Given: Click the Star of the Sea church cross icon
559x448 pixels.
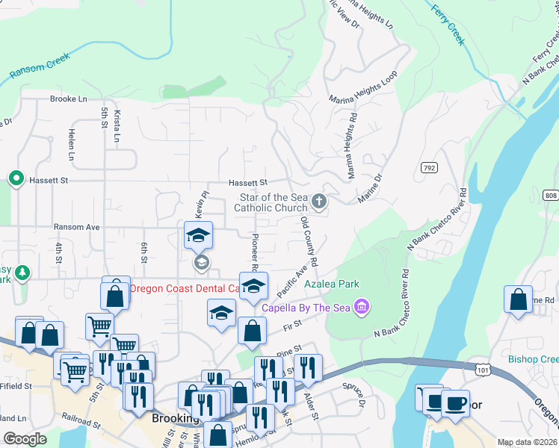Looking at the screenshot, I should click(x=319, y=201).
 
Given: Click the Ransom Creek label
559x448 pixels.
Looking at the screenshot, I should click(x=38, y=66).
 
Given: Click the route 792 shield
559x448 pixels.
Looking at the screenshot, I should click(x=428, y=168).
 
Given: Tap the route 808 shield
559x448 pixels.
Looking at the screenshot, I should click(x=551, y=196).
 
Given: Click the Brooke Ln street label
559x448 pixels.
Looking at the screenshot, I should click(x=69, y=99).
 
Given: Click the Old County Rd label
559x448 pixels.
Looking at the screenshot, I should click(x=309, y=242).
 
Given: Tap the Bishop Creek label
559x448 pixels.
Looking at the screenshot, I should click(x=534, y=359).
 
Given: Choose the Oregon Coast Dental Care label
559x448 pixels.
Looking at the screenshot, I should click(x=184, y=288).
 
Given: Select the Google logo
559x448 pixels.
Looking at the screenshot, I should click(x=25, y=439).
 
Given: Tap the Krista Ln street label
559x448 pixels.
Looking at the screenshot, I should click(x=117, y=128).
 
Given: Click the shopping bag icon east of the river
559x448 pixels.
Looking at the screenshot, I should click(x=518, y=300).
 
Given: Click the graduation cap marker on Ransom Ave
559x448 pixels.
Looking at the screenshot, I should click(x=199, y=235).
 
